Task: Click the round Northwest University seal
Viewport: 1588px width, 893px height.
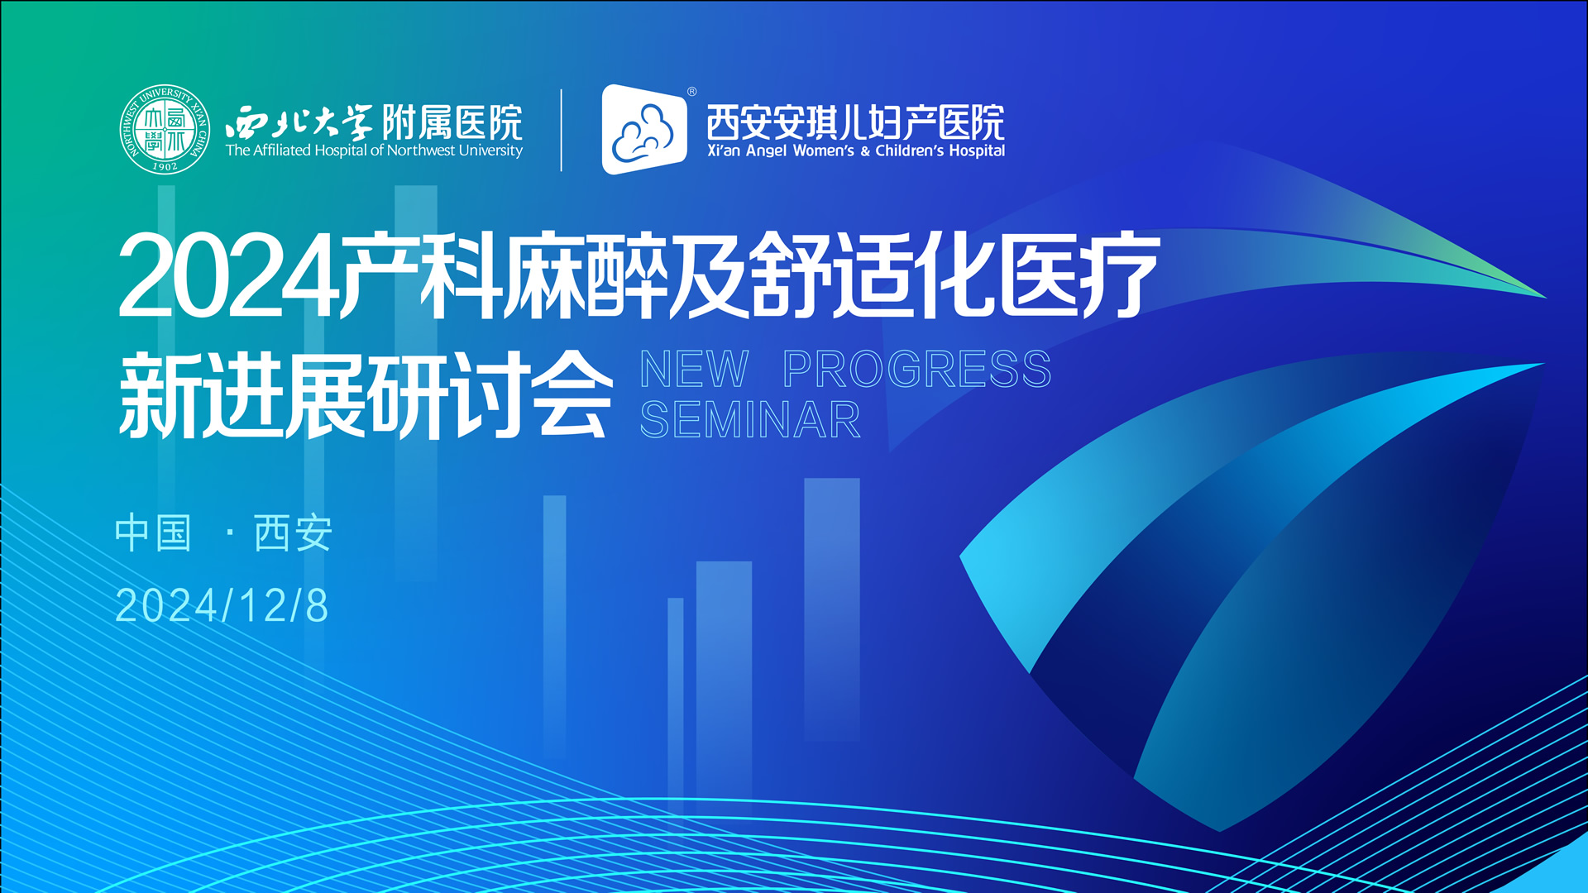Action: coord(164,130)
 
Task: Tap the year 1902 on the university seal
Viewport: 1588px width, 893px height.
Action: coord(165,166)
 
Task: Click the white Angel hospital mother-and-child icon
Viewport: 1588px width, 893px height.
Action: coord(643,130)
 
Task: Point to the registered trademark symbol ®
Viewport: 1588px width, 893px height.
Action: coord(692,92)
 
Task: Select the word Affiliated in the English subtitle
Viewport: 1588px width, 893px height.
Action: coord(281,150)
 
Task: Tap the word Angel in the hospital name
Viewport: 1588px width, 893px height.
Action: coord(766,150)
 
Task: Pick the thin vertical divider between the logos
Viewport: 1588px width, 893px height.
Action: coord(562,130)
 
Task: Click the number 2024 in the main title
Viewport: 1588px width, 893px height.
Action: coord(227,276)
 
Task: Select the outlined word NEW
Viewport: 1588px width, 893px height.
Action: coord(694,369)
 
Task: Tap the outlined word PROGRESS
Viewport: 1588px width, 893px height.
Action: coord(916,369)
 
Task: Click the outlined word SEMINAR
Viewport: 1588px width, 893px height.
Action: coord(750,420)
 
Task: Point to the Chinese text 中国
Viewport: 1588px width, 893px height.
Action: coord(153,532)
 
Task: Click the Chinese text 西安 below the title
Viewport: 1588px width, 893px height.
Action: coord(293,532)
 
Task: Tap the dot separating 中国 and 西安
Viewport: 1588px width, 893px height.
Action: coord(229,533)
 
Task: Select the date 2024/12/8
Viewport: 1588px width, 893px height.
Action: coord(222,605)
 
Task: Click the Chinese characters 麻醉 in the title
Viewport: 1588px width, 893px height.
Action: coord(586,276)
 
